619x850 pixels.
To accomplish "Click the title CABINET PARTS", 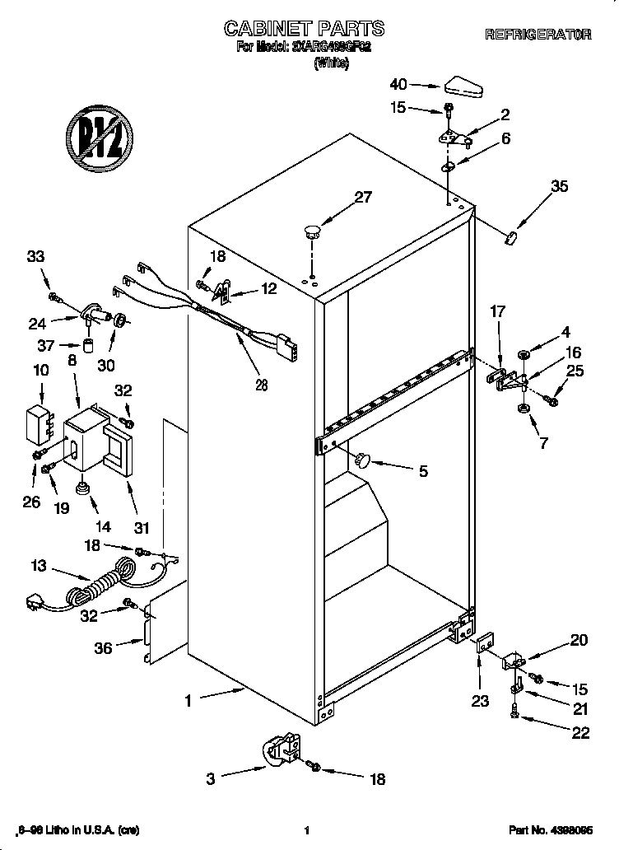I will (x=304, y=29).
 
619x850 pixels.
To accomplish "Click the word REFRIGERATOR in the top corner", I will (x=538, y=35).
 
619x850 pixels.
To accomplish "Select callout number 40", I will (x=398, y=84).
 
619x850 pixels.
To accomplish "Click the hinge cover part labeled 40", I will (x=463, y=85).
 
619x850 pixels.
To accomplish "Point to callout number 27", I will (x=363, y=198).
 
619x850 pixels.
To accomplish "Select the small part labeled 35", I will (x=512, y=238).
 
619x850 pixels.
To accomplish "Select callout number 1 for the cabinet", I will (x=188, y=702).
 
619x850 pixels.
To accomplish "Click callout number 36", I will (x=104, y=648).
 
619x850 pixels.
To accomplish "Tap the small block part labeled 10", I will (x=36, y=421).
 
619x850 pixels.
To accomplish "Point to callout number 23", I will (x=480, y=702).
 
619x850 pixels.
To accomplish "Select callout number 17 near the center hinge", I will (x=497, y=312).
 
